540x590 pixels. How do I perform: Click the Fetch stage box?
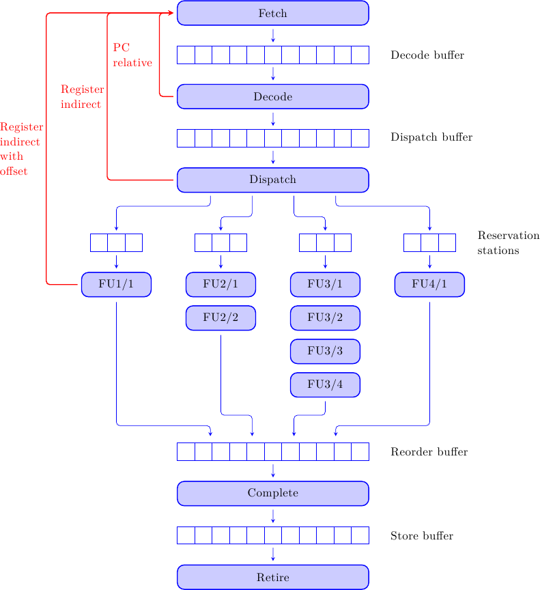[272, 13]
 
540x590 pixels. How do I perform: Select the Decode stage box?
[272, 96]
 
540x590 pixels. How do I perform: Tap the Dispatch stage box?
[272, 180]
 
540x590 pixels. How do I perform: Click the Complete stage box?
[272, 493]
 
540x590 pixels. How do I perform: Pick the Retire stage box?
[272, 577]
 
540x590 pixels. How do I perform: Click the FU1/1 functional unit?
[116, 285]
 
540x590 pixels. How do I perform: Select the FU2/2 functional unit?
[221, 318]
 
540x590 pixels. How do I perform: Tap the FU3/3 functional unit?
[325, 351]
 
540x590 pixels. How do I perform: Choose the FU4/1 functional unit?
[429, 285]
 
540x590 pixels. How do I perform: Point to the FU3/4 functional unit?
[325, 384]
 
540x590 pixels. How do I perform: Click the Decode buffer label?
[427, 55]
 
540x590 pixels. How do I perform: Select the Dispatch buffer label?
[431, 137]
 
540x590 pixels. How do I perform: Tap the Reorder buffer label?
[429, 452]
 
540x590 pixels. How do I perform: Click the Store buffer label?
[422, 536]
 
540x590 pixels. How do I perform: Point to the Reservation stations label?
[508, 243]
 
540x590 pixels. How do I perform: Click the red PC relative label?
[132, 55]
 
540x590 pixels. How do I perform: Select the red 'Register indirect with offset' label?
[21, 149]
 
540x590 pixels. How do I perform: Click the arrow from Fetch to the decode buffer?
[272, 36]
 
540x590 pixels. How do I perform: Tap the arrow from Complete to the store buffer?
[272, 516]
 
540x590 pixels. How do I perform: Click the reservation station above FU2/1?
[221, 242]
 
